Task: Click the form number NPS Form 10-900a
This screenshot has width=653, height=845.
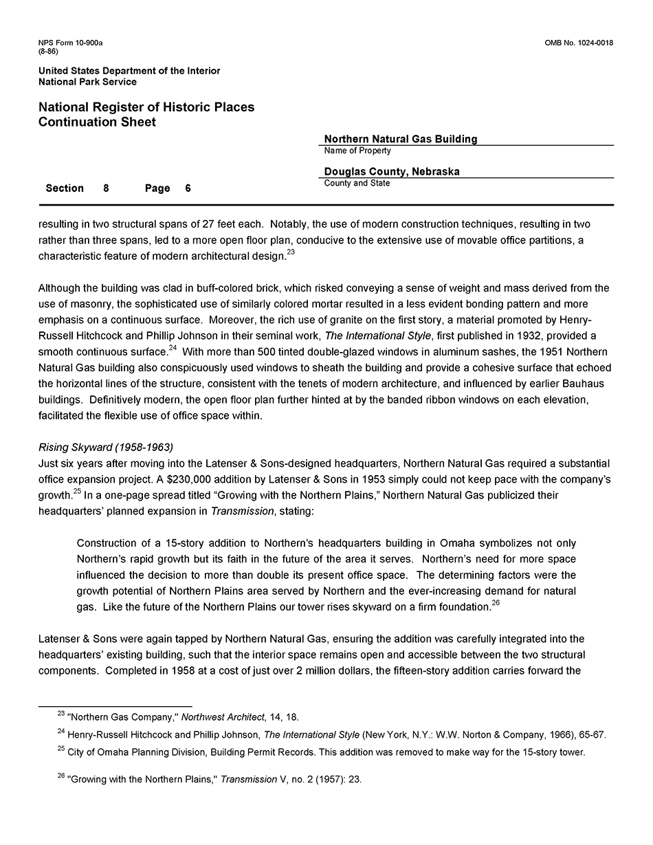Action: [70, 43]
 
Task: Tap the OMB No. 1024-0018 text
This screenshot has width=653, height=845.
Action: [578, 43]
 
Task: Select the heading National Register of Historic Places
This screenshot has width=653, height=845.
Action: [146, 107]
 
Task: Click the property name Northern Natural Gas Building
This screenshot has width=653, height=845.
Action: [401, 139]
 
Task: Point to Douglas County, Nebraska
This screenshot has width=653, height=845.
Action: [392, 172]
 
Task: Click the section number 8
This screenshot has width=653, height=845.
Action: [106, 188]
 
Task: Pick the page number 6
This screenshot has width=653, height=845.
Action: [188, 188]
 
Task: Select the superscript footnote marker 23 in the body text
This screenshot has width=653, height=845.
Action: [291, 252]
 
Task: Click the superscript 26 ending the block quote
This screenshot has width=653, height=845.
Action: [496, 603]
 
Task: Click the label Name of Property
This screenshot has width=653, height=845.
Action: [357, 151]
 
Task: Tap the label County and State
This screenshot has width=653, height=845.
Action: [357, 184]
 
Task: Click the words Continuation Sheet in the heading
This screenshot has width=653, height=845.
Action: [97, 122]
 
